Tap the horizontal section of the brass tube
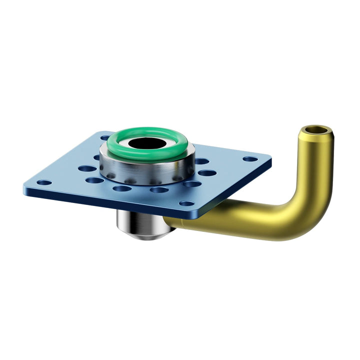[x=235, y=220]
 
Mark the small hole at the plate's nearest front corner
[x=187, y=203]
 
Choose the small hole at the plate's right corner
[x=250, y=159]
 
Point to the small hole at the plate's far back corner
[x=105, y=137]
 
